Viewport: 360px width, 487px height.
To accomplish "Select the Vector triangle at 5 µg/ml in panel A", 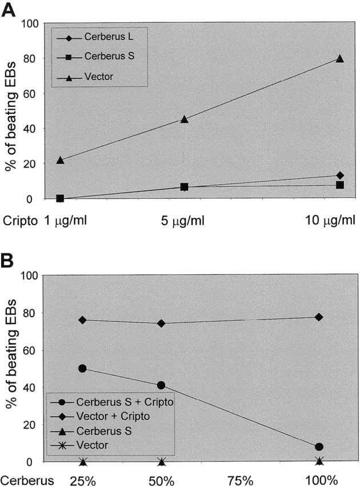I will [x=184, y=119].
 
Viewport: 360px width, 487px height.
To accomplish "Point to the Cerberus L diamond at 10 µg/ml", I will [x=340, y=175].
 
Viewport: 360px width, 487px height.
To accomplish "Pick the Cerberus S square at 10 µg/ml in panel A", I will [x=340, y=185].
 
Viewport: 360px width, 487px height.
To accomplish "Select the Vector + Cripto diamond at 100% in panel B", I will [x=319, y=317].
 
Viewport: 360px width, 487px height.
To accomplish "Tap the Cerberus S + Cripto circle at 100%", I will [x=319, y=446].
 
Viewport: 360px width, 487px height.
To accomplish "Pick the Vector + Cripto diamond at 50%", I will [x=161, y=323].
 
